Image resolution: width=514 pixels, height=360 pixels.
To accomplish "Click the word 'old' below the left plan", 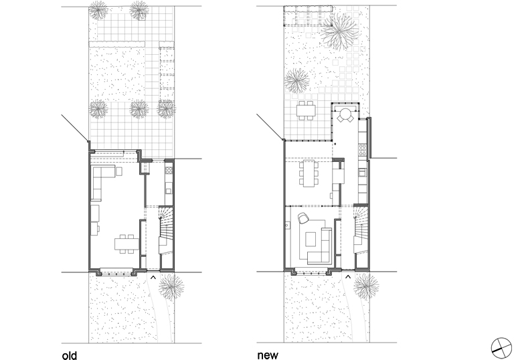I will pyautogui.click(x=69, y=355).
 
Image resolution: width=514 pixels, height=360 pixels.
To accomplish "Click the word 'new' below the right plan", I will pyautogui.click(x=268, y=355).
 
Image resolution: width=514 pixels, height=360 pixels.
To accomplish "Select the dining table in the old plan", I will pyautogui.click(x=122, y=243).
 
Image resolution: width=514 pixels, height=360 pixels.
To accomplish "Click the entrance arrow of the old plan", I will pyautogui.click(x=153, y=275).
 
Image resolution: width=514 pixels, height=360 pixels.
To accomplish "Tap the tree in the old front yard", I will pyautogui.click(x=173, y=286).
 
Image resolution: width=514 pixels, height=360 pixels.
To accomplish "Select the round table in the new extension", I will pyautogui.click(x=346, y=114).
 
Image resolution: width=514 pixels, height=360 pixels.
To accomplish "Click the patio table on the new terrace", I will pyautogui.click(x=307, y=110).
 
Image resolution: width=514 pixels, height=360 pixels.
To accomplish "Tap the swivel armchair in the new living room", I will pyautogui.click(x=303, y=217).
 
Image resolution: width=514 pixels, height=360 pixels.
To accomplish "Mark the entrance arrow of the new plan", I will pyautogui.click(x=348, y=275).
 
